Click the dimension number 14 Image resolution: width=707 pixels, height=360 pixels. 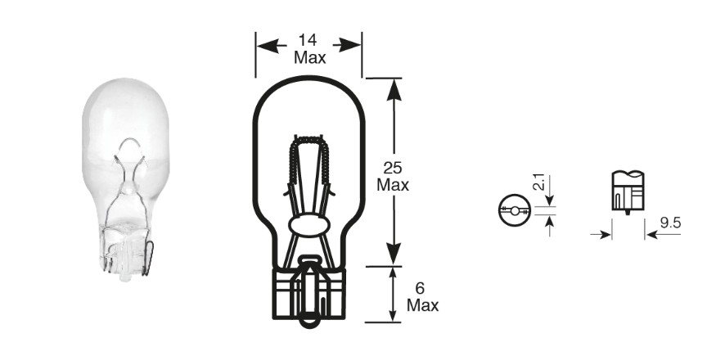(x=308, y=41)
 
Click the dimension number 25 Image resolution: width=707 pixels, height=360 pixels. (x=393, y=168)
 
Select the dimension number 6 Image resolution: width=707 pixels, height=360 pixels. (x=421, y=288)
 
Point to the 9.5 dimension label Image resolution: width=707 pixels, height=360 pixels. (x=670, y=223)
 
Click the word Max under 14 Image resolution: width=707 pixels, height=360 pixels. (x=310, y=57)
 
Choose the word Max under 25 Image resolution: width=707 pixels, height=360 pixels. (x=393, y=185)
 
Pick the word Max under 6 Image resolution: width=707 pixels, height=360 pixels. (x=422, y=305)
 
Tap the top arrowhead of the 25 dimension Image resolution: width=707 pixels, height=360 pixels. (x=394, y=89)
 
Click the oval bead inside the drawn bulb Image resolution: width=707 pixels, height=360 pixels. (x=309, y=224)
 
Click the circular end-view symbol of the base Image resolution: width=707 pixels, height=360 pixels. (x=515, y=210)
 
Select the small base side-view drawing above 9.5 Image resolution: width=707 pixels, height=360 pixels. (x=628, y=191)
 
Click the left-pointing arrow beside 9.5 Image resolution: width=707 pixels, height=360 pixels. (x=662, y=235)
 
